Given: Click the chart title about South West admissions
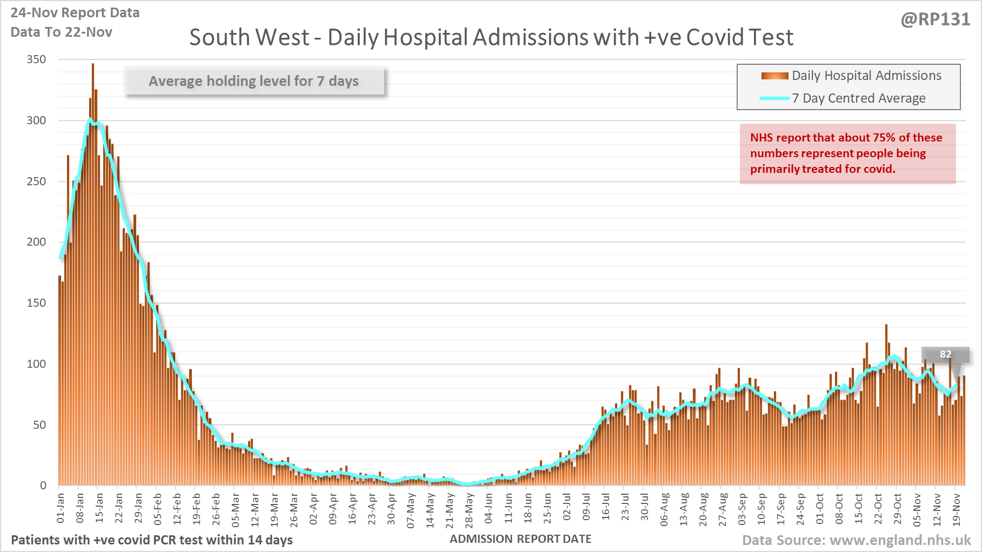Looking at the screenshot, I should coord(491,38).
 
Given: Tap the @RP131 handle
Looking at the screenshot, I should coord(935,19).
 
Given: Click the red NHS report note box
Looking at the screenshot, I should coord(847,154).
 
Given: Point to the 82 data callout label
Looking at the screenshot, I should coord(945,354).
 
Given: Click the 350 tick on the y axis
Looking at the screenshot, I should coord(37,59).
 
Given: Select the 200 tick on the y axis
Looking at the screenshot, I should coord(37,242).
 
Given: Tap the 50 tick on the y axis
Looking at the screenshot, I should coord(39,425).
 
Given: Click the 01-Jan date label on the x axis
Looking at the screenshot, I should coord(61,508).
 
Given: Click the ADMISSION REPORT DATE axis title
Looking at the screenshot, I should coord(520,539).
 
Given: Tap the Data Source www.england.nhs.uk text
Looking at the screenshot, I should coord(856,540).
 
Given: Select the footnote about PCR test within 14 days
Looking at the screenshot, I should coord(152,540).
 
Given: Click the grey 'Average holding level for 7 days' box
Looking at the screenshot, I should coord(254,81).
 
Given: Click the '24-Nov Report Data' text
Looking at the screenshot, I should coord(75,13).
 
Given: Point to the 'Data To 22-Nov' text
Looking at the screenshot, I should coord(62,32).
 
